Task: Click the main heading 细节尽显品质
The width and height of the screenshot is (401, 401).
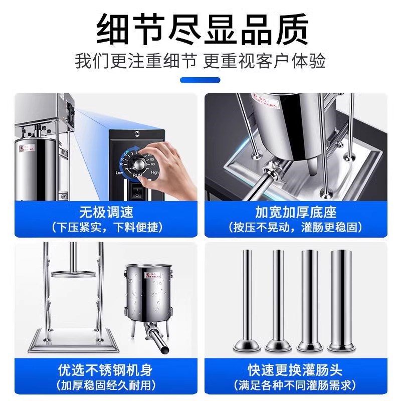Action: (200, 29)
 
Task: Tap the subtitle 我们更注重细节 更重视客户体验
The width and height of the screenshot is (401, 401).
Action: (200, 61)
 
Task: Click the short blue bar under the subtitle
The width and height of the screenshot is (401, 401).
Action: (200, 79)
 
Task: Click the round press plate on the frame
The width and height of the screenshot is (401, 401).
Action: (75, 274)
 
